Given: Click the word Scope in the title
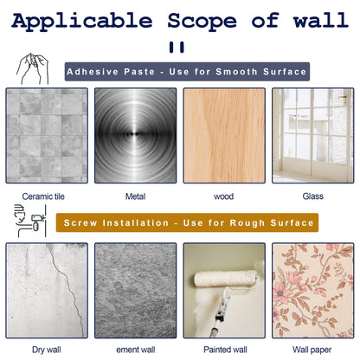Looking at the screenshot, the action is [x=202, y=21].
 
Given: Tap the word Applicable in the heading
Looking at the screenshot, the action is [x=82, y=22].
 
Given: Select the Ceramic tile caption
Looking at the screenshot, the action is [x=43, y=196].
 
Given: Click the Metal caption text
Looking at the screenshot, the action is [x=135, y=196].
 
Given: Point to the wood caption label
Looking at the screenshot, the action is [x=223, y=196].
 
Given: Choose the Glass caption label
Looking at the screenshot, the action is [x=313, y=196].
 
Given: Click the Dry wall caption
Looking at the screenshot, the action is [x=47, y=350].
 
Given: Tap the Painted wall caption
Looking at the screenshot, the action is [x=225, y=350].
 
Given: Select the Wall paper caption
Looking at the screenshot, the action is [x=312, y=350].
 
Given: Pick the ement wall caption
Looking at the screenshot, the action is [x=136, y=350].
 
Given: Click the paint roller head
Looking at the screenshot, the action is [x=225, y=278].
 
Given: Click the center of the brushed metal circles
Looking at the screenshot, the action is [x=135, y=133].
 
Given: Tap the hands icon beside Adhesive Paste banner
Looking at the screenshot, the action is [x=32, y=68].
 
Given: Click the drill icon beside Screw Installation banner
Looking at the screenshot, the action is [x=30, y=221].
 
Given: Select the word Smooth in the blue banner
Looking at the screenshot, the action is [x=236, y=72].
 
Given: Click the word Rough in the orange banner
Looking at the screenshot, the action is [x=247, y=223].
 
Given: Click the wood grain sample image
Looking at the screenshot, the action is [x=224, y=136].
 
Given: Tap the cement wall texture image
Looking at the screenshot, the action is [x=135, y=291].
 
